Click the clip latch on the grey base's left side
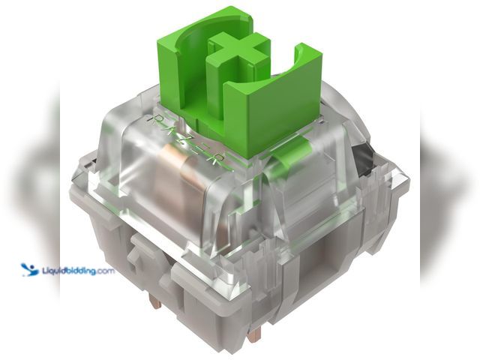pyautogui.click(x=135, y=256)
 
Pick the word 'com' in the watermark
pyautogui.click(x=105, y=270)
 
